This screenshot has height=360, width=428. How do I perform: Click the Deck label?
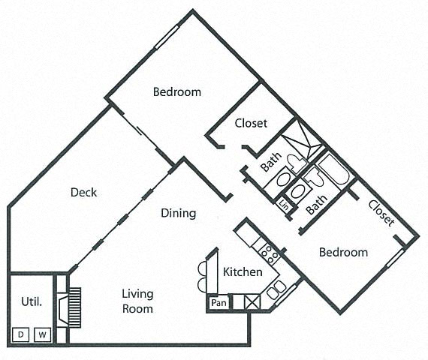(x=84, y=193)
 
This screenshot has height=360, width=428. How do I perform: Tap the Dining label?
(x=179, y=213)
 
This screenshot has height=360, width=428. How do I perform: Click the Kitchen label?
(x=243, y=271)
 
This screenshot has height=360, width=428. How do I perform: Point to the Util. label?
(x=30, y=303)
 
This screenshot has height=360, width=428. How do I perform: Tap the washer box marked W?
(x=42, y=334)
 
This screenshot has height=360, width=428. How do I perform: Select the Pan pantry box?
(x=219, y=303)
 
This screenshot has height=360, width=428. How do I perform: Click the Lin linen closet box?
(x=284, y=204)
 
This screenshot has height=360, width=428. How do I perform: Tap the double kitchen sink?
(x=276, y=288)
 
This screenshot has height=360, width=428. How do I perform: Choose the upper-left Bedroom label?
(x=177, y=92)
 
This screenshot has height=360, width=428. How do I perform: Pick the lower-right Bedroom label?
(x=344, y=252)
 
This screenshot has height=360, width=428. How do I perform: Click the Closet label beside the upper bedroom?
(x=250, y=123)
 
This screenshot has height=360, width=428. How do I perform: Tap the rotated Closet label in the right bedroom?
(x=381, y=212)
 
